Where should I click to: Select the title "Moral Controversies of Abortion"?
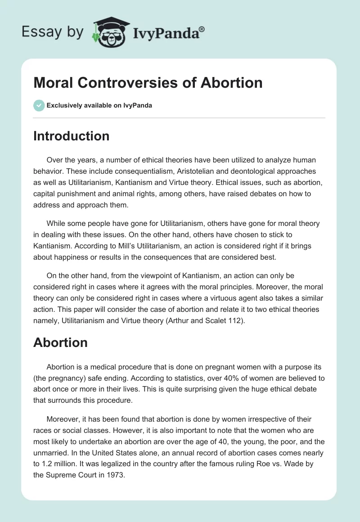click(148, 82)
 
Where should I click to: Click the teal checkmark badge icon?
click(39, 105)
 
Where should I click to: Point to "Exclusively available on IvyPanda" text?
click(99, 105)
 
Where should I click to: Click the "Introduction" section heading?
click(72, 136)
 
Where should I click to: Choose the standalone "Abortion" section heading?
click(60, 342)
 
